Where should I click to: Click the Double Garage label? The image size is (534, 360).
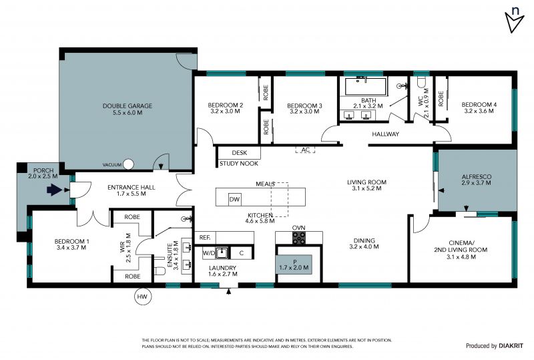click(x=127, y=109)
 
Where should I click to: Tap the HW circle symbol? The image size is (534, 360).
click(x=142, y=297)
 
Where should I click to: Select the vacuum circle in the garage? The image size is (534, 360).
click(x=128, y=164)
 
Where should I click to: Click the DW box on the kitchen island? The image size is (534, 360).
click(x=235, y=200)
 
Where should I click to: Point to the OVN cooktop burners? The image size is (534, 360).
click(x=299, y=238)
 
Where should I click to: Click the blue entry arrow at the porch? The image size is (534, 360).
click(x=53, y=190)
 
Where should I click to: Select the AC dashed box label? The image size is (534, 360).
click(x=305, y=150)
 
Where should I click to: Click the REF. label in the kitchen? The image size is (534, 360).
click(x=205, y=238)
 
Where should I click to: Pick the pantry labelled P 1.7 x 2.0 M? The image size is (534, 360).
click(x=294, y=264)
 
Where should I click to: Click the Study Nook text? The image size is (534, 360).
click(x=239, y=164)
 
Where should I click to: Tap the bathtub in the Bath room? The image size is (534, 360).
click(x=366, y=86)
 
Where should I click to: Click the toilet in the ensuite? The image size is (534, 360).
click(x=160, y=271)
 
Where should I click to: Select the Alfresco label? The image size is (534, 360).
click(x=477, y=180)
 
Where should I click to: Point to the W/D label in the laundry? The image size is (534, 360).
click(x=209, y=253)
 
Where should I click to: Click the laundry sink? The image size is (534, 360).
click(x=223, y=253)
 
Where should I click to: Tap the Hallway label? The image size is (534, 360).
click(x=386, y=134)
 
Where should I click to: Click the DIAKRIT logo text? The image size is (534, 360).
click(x=511, y=346)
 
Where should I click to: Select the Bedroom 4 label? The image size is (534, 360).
click(x=479, y=108)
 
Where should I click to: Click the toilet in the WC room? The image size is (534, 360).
click(x=421, y=81)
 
